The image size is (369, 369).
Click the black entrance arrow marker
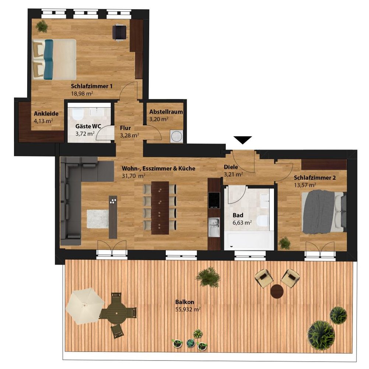pyautogui.click(x=243, y=140)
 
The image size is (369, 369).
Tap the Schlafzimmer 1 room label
pyautogui.click(x=92, y=86)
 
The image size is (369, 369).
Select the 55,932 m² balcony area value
pyautogui.click(x=188, y=309)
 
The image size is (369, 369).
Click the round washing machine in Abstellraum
pyautogui.click(x=176, y=136)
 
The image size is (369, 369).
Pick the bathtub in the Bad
pyautogui.click(x=249, y=240)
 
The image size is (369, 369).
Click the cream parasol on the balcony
pyautogui.click(x=85, y=306)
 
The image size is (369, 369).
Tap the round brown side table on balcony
pyautogui.click(x=277, y=291)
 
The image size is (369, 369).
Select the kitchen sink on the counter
pyautogui.click(x=214, y=227)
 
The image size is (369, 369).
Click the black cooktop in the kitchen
pyautogui.click(x=214, y=200)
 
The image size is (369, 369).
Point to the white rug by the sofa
pyautogui.click(x=98, y=219)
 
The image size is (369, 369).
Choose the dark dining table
pyautogui.click(x=160, y=208)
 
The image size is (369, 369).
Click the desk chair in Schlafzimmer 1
pyautogui.click(x=120, y=32)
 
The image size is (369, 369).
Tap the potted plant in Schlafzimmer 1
pyautogui.click(x=42, y=26)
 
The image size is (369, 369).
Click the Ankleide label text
pyautogui.click(x=46, y=114)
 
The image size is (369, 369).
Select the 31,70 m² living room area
pyautogui.click(x=134, y=176)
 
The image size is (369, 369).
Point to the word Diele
pyautogui.click(x=231, y=167)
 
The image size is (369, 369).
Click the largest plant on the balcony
pyautogui.click(x=321, y=335)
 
